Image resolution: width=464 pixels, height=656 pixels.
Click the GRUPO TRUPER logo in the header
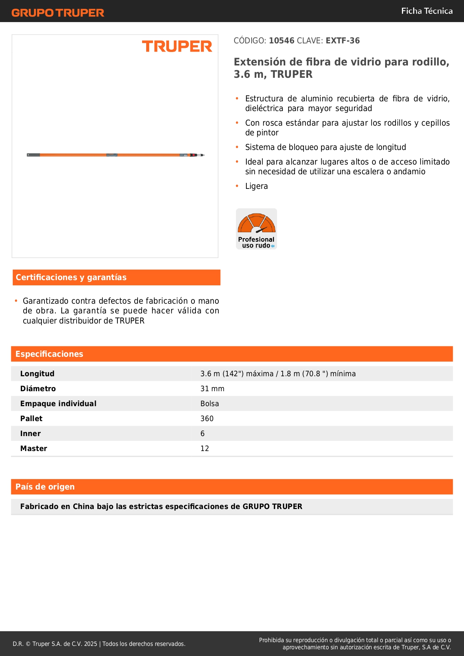point(58,13)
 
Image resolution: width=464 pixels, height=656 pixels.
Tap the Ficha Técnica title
point(427,11)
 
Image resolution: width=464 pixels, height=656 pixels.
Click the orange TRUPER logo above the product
point(177,46)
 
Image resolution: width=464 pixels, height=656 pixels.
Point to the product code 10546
point(282,41)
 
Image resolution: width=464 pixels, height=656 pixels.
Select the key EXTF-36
point(342,41)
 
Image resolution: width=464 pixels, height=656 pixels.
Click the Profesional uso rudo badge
point(256,229)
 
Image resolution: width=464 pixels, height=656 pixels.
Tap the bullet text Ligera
point(256,186)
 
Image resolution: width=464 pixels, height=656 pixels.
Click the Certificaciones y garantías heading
point(71,278)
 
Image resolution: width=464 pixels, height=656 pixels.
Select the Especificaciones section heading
point(49,354)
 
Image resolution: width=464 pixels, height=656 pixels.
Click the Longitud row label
point(37,374)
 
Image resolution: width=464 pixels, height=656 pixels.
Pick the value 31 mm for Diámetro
point(212,389)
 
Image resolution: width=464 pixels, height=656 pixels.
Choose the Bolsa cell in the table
point(209,404)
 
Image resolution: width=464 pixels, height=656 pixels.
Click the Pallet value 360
point(207,419)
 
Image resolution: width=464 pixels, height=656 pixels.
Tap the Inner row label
point(30,433)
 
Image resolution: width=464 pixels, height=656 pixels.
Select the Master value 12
point(205,448)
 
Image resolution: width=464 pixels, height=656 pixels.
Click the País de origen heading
point(45,487)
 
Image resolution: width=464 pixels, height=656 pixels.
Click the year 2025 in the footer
point(90,644)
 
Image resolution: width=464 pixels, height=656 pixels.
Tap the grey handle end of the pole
point(33,155)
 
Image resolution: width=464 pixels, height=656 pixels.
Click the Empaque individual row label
point(58,404)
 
